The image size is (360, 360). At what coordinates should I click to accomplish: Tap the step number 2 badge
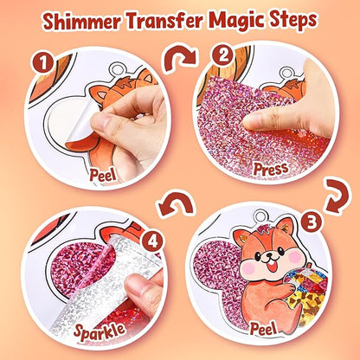(223, 56)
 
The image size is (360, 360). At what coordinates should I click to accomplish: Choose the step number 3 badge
(312, 222)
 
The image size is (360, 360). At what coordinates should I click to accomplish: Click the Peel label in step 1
(103, 175)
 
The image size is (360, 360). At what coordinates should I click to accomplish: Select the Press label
(271, 169)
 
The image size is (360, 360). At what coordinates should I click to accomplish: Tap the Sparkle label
(100, 331)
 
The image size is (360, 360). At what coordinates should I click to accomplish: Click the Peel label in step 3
(263, 327)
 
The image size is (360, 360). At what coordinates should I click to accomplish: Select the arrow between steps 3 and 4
(176, 204)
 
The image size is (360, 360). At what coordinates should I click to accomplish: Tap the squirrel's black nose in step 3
(269, 255)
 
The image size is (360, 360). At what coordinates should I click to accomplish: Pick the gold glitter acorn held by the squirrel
(305, 292)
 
